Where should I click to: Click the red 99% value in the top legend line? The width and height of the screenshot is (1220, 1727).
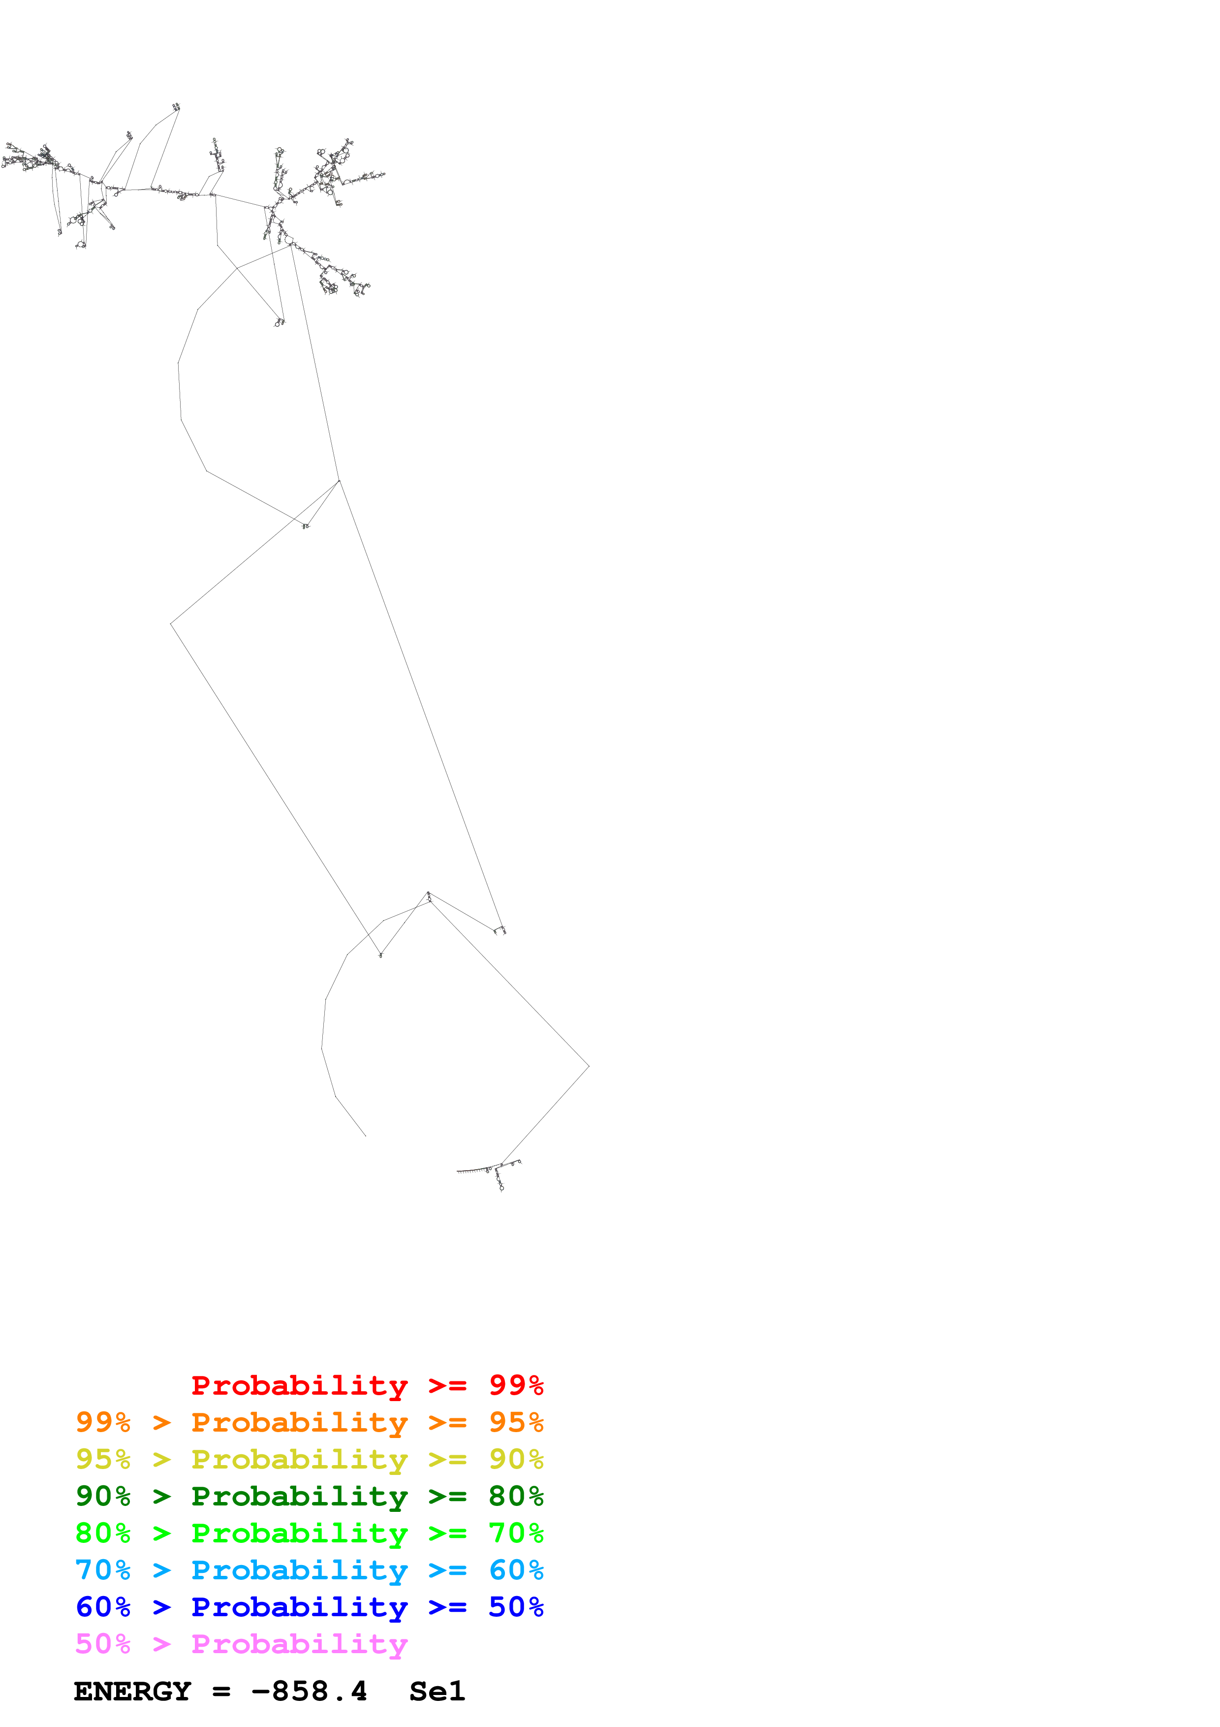[x=516, y=1385]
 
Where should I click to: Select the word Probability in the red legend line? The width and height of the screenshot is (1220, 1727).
[x=299, y=1385]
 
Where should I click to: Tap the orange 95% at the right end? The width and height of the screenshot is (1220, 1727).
[x=516, y=1422]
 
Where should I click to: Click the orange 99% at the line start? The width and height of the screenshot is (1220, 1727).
[x=103, y=1422]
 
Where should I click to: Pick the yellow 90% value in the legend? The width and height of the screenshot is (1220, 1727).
[x=516, y=1459]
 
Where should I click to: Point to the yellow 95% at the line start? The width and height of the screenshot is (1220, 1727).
[x=103, y=1459]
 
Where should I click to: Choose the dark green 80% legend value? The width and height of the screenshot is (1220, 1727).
[x=516, y=1496]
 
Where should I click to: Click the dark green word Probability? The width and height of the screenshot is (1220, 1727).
[x=299, y=1496]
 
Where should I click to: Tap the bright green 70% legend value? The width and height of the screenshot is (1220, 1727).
[x=516, y=1533]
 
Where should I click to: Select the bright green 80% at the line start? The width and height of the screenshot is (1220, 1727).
[x=103, y=1533]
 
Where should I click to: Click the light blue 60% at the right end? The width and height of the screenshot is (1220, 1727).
[x=516, y=1570]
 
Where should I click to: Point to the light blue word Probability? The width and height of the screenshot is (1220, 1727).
[x=299, y=1570]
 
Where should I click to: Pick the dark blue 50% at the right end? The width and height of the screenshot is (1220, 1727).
[x=516, y=1607]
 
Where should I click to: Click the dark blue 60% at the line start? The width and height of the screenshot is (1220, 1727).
[x=103, y=1607]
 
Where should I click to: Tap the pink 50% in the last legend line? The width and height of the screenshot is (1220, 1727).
[x=103, y=1643]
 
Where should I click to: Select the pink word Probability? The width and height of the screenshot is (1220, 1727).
[x=299, y=1643]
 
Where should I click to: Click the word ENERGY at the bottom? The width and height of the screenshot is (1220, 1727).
[x=132, y=1692]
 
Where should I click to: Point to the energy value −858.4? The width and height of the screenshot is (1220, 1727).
[x=309, y=1692]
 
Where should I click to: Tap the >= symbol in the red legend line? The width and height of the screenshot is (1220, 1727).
[x=447, y=1385]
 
